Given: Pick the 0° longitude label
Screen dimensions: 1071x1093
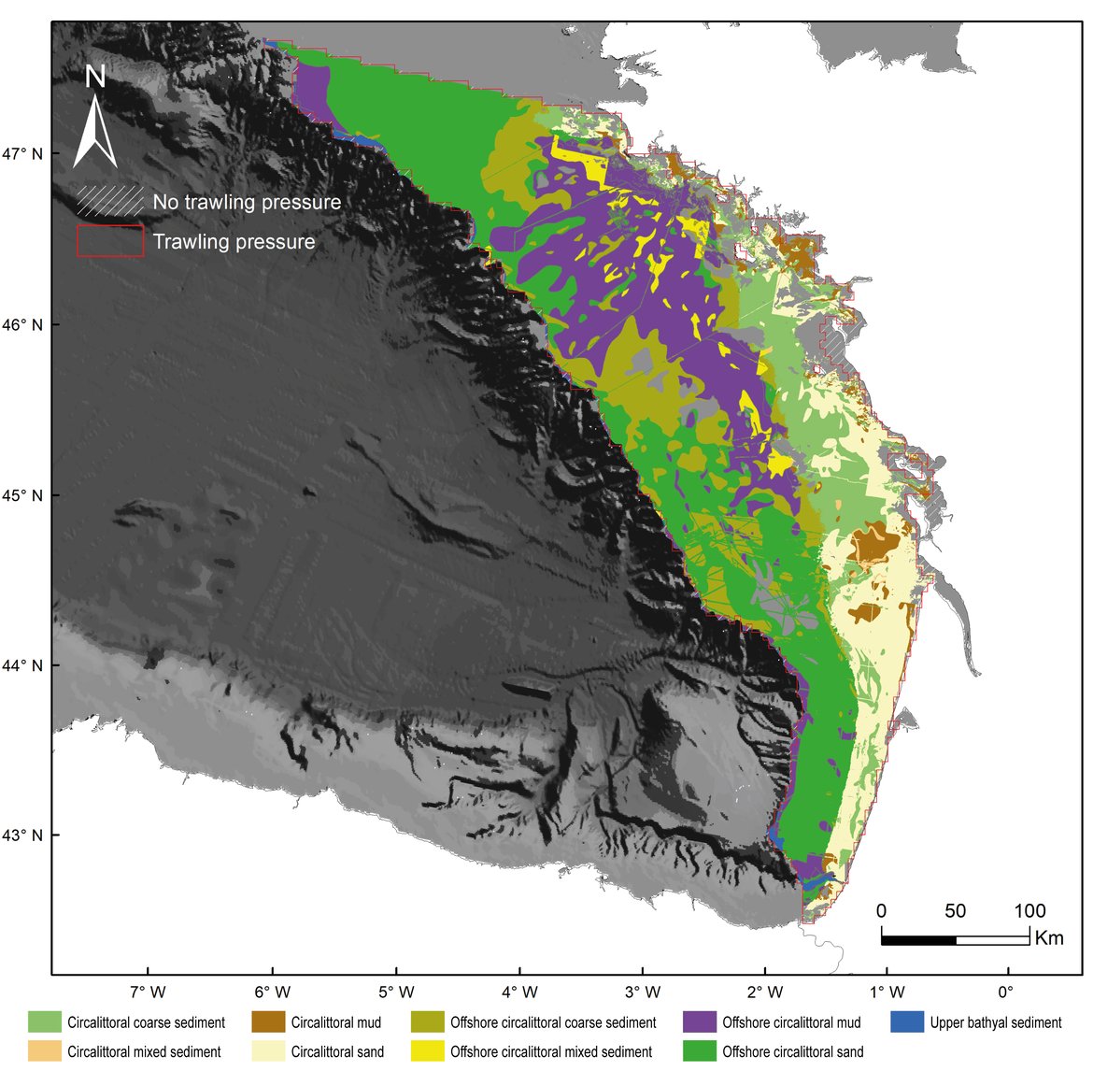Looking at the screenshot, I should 1006,992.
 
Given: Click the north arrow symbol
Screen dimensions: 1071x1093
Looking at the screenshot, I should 95,117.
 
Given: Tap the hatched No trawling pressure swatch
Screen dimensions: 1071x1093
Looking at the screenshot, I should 109,201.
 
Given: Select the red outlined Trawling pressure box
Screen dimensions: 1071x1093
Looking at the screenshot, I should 109,241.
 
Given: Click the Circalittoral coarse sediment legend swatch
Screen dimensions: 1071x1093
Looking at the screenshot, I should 44,1022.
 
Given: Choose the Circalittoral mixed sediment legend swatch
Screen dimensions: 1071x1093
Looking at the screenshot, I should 44,1051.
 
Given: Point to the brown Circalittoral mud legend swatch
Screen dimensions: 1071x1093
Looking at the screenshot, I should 268,1022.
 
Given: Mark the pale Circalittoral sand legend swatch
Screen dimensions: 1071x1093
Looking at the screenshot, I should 268,1051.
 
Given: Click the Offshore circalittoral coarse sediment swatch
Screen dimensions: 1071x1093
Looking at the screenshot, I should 427,1022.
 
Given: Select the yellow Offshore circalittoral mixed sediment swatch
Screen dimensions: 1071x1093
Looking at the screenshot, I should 427,1051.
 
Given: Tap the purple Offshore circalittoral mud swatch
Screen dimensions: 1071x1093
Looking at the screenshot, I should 699,1022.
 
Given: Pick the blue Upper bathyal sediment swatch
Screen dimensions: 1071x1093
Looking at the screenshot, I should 907,1022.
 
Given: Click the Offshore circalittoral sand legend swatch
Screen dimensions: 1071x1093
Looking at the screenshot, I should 699,1051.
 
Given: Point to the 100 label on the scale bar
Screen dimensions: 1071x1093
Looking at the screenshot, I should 1029,911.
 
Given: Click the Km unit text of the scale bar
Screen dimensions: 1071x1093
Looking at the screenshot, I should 1049,938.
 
